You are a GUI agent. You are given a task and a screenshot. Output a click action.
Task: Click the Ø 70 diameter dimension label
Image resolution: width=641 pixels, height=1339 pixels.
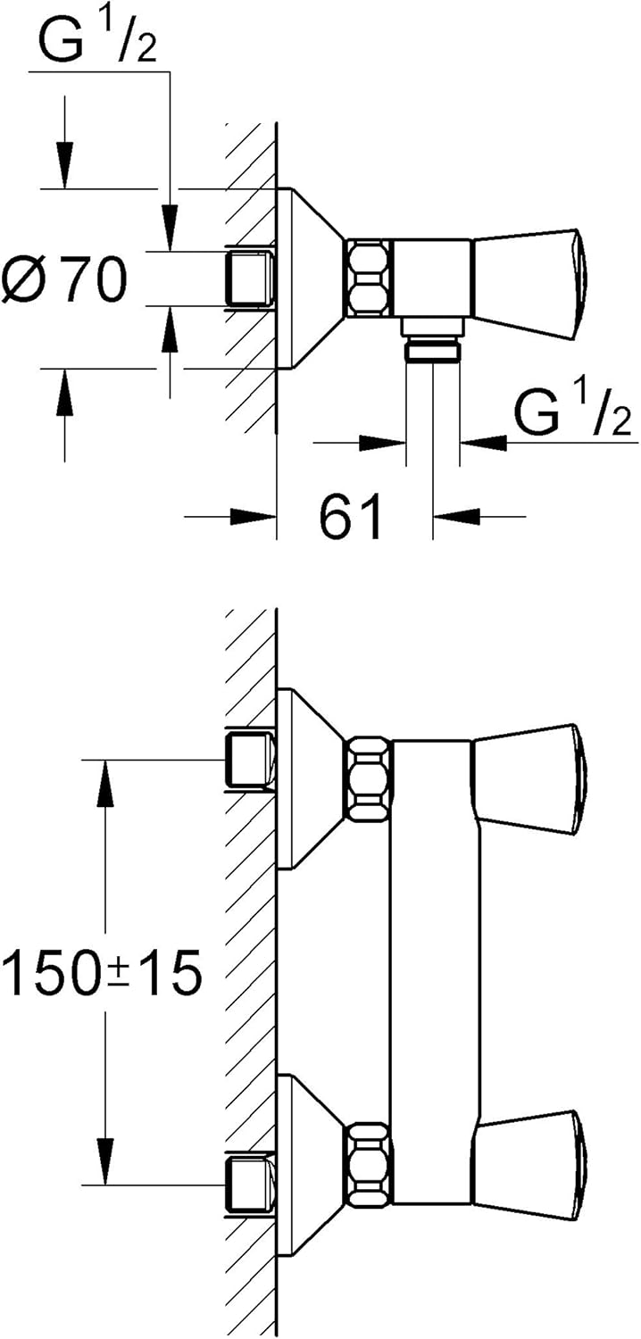coord(64,278)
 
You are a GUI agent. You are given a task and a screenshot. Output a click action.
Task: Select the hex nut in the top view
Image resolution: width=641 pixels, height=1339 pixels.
coord(369,278)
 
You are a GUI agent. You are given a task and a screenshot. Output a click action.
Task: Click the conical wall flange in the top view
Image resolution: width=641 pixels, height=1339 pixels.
coord(311,278)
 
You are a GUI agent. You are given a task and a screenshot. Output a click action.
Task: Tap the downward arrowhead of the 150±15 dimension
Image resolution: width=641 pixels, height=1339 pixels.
coord(105,1160)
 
